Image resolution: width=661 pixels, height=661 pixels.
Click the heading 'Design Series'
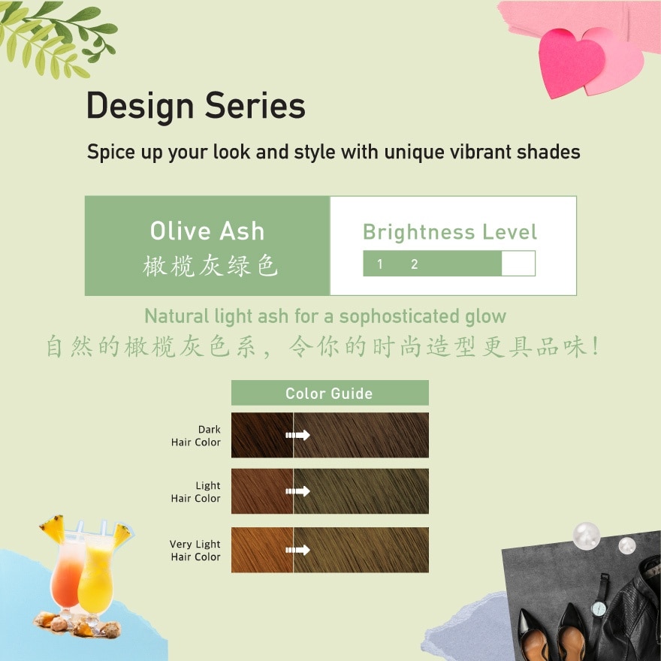click(196, 106)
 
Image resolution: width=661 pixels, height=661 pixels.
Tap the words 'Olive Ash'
click(207, 231)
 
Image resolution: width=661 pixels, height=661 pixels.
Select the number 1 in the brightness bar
click(380, 264)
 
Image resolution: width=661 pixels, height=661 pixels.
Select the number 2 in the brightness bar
click(414, 264)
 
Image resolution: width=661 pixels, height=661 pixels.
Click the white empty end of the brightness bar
click(518, 264)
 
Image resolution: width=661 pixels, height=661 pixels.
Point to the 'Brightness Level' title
click(450, 232)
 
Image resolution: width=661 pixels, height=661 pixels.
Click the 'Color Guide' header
click(329, 393)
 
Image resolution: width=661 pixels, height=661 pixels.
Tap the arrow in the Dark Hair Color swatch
click(298, 435)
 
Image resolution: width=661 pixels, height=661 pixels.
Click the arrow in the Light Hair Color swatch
click(298, 491)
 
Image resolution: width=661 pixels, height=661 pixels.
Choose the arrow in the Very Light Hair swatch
click(298, 550)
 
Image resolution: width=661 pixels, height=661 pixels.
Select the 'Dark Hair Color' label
click(197, 436)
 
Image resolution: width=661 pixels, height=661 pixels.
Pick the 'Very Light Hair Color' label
click(195, 551)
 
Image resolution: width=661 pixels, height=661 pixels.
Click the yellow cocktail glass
click(95, 578)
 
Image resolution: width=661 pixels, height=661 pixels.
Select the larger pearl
click(586, 536)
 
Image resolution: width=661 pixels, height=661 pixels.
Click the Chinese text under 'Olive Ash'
click(210, 267)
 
